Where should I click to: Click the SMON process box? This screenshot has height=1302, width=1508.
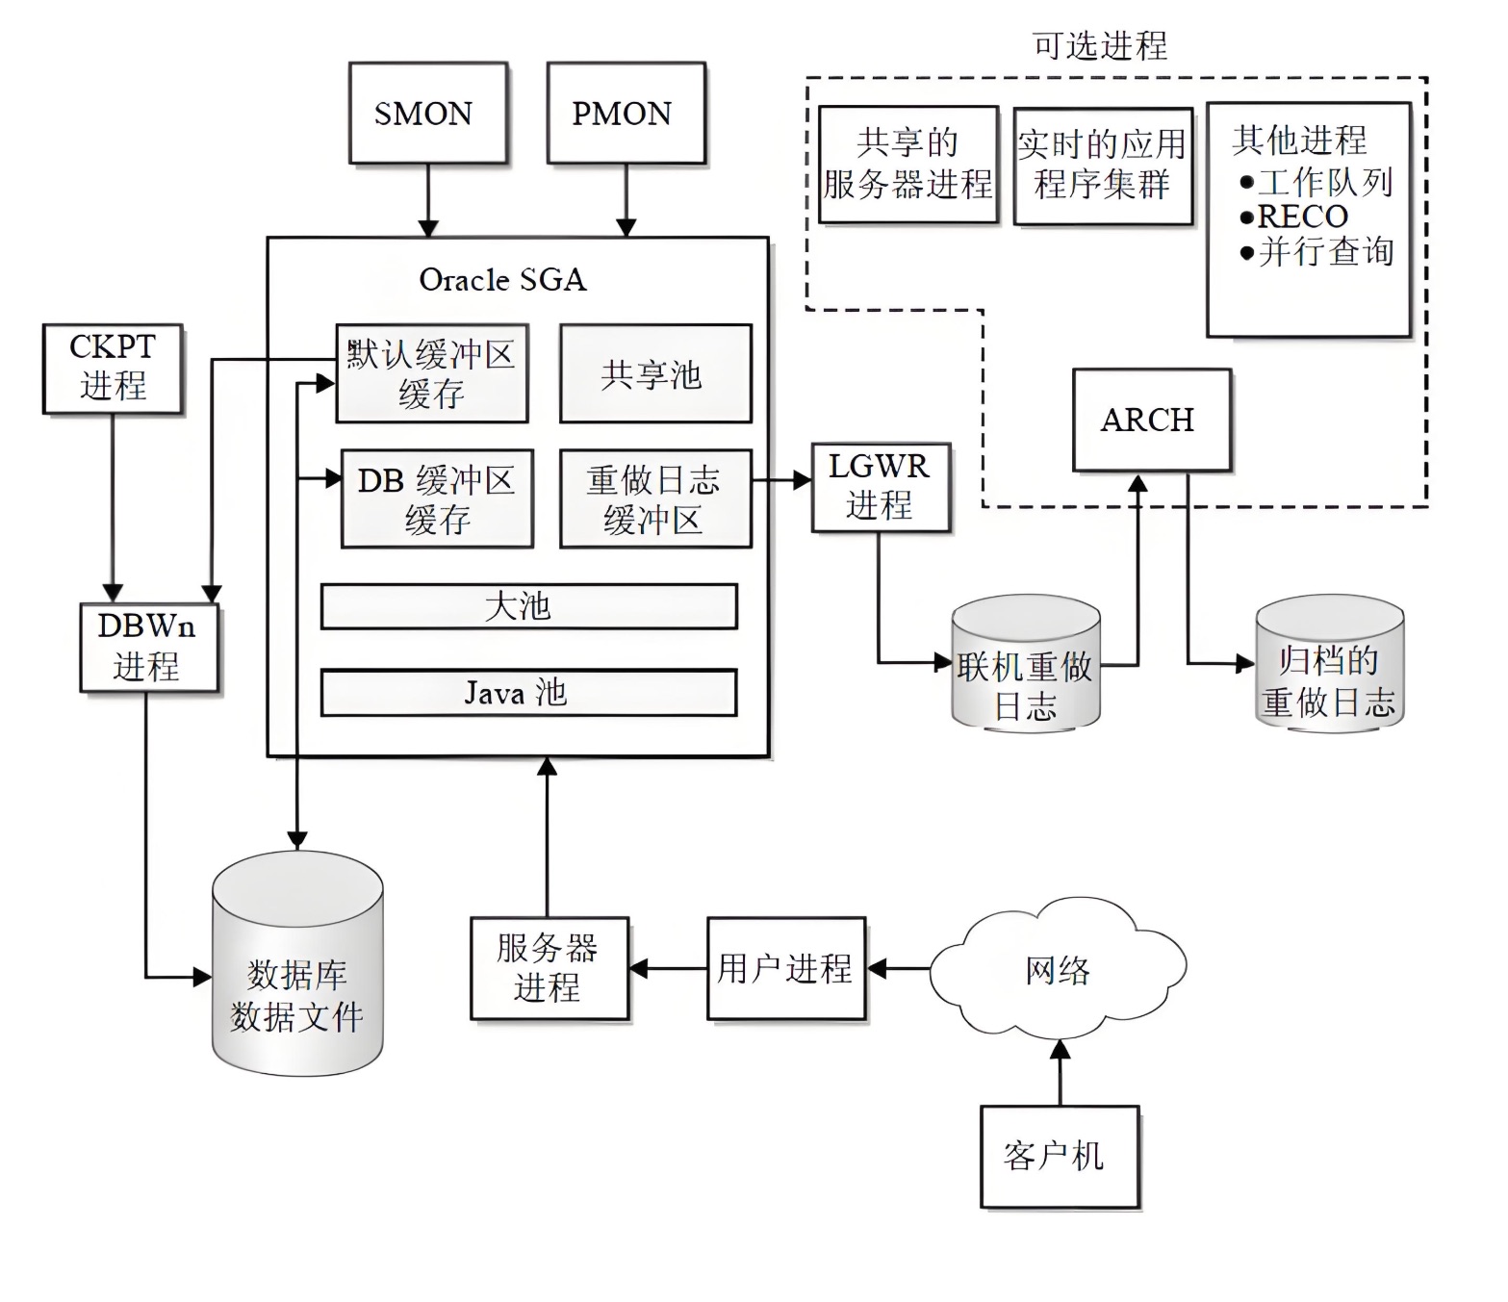coord(427,114)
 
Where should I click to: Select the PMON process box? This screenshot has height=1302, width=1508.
coord(626,114)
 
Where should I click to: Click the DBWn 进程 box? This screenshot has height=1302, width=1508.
coord(148,648)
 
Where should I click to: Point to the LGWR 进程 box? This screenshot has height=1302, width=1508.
coord(880,487)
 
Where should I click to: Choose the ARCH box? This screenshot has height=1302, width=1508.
coord(1151,421)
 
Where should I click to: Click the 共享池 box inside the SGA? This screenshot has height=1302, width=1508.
coord(654,373)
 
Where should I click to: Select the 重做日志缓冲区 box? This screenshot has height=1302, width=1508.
coord(654,498)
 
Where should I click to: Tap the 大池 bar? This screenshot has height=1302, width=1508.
coord(528,606)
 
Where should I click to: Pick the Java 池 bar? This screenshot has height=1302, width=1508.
coord(528,693)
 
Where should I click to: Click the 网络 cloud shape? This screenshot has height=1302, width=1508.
coord(1057,970)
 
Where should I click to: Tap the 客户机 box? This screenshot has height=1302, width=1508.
coord(1059,1156)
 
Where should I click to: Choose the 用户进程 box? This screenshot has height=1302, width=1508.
coord(785,968)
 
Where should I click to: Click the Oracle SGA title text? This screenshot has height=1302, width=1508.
coord(502,280)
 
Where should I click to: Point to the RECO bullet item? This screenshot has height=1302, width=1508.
coord(1301,217)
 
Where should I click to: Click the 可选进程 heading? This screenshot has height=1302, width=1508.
coord(1099,45)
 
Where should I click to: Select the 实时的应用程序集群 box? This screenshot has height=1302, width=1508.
coord(1102,166)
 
